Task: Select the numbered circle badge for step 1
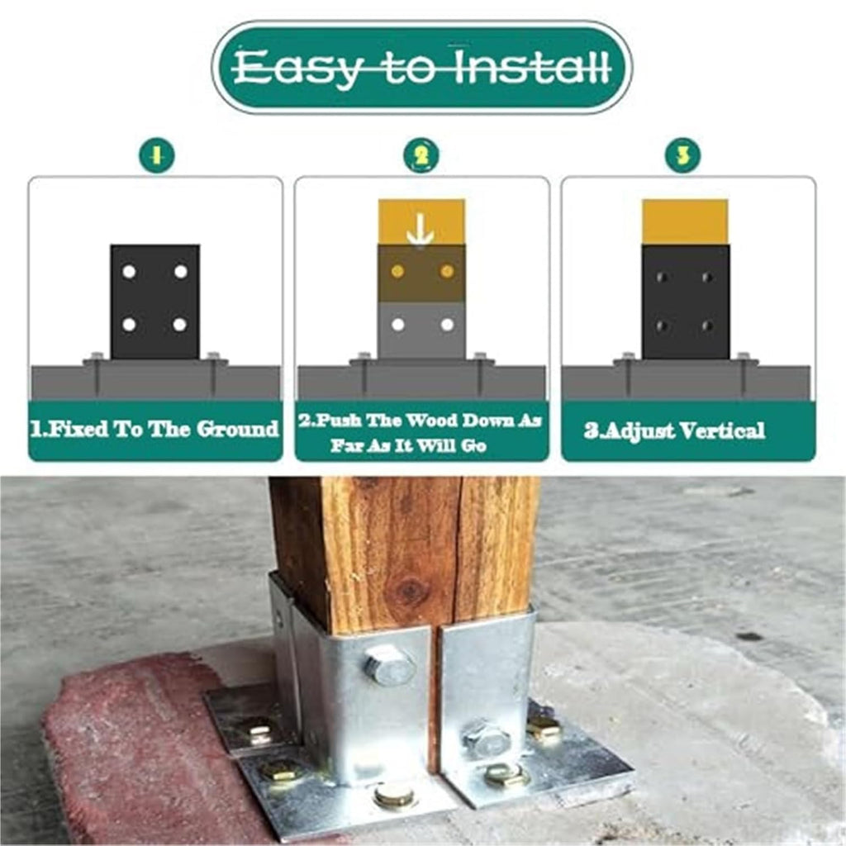click(x=157, y=155)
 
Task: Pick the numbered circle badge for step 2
click(x=421, y=155)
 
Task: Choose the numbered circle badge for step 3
click(x=683, y=155)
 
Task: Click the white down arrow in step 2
click(x=421, y=230)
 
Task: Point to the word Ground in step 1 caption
click(x=237, y=429)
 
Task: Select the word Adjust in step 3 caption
click(x=636, y=431)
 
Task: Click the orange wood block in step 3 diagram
click(x=685, y=221)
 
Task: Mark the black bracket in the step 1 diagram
click(x=154, y=302)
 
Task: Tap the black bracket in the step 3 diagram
click(x=686, y=302)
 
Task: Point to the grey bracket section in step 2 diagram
click(x=421, y=330)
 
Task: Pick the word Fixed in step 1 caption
click(x=69, y=430)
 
